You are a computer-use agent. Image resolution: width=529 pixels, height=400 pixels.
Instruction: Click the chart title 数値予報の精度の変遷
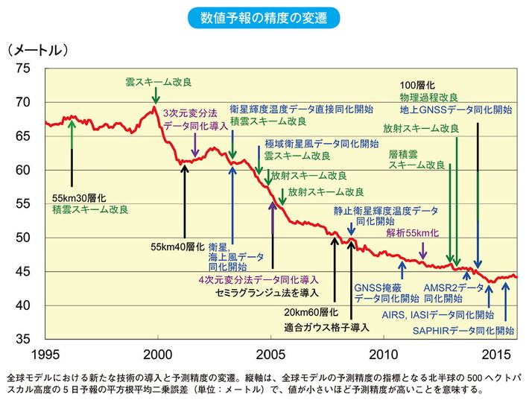coord(264,16)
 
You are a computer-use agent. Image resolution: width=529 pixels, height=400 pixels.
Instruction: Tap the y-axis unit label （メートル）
coord(38,50)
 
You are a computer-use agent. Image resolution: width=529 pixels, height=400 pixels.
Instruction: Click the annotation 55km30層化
coord(79,199)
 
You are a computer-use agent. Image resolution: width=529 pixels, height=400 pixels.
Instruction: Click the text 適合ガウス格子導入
coord(327,327)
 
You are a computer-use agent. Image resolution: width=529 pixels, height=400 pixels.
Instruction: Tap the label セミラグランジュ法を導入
coord(276,291)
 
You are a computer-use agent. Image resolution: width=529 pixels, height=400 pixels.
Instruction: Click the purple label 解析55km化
coord(413,233)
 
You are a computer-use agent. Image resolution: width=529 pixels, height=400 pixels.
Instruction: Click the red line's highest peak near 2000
coord(155,108)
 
